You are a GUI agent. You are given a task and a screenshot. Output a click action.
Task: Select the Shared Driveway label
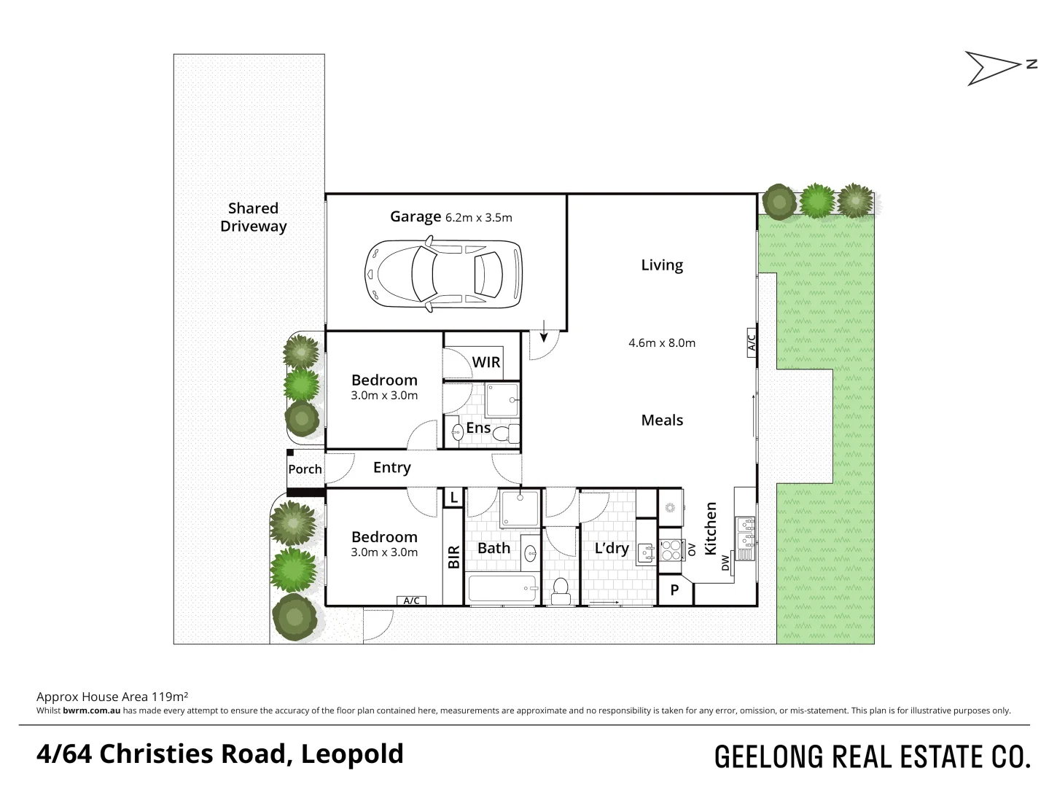[x=253, y=217]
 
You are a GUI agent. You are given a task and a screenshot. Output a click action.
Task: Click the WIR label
[x=485, y=362]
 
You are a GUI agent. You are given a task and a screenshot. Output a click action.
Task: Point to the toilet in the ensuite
[x=504, y=434]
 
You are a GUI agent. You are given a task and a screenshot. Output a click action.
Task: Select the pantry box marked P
[x=674, y=590]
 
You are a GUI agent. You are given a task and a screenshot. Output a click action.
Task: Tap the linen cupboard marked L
[x=453, y=498]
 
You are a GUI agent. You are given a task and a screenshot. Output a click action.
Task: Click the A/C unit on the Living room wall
[x=752, y=342]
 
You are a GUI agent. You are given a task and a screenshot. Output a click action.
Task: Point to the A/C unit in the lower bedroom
[x=411, y=600]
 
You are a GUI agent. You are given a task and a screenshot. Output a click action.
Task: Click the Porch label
[x=305, y=469]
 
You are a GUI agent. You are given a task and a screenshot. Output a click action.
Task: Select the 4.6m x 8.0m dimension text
[x=661, y=342]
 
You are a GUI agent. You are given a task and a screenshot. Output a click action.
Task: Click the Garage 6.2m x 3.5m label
[x=451, y=216]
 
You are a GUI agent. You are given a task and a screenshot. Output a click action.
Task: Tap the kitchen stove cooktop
[x=668, y=548]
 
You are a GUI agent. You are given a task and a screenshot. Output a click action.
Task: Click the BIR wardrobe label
[x=453, y=557]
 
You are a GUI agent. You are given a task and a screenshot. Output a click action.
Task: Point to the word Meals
[x=662, y=420]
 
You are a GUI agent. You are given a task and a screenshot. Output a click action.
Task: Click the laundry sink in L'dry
[x=644, y=554]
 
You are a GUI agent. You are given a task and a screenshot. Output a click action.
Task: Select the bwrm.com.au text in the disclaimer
[x=91, y=710]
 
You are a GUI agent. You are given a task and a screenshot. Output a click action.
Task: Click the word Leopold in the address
[x=352, y=753]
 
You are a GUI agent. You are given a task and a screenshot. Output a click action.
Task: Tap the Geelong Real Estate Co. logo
[x=872, y=756]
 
